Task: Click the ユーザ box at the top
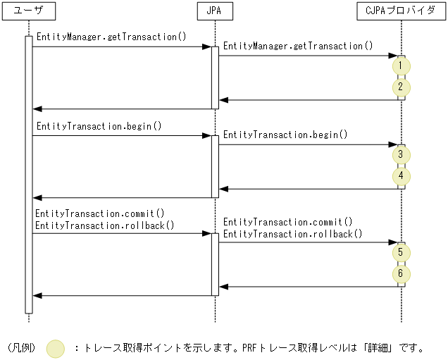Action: (x=29, y=11)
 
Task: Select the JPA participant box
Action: (x=215, y=11)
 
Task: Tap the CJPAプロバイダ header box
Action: (x=401, y=11)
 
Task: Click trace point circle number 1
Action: (x=401, y=66)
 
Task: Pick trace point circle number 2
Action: (x=401, y=87)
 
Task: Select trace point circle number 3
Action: (x=401, y=154)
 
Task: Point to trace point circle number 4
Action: (x=401, y=176)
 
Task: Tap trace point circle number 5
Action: (x=401, y=252)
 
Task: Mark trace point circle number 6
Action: (x=401, y=273)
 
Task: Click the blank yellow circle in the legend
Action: (x=56, y=348)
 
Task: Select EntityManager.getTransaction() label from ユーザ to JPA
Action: (x=111, y=37)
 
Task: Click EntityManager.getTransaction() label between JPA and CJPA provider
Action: (x=298, y=46)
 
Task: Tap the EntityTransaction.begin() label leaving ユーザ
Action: (x=98, y=126)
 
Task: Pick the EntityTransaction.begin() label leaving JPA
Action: (x=285, y=135)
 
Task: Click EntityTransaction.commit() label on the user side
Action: (x=99, y=213)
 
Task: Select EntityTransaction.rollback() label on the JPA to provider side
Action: (x=292, y=233)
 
